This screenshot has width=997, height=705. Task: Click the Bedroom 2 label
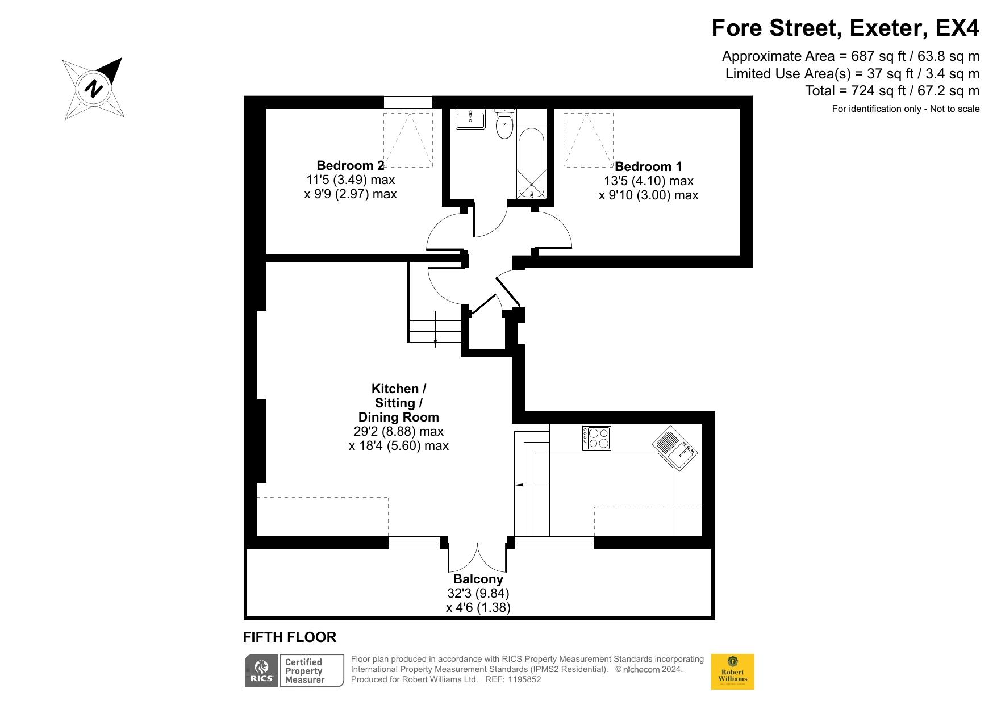click(351, 165)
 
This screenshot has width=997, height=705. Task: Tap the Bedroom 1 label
click(648, 166)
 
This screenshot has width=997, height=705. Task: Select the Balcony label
click(478, 579)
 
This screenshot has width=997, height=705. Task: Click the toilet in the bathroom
click(504, 124)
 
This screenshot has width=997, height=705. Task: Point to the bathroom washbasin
click(470, 119)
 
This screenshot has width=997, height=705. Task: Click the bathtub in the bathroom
click(532, 163)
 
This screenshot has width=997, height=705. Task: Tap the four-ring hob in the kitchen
click(596, 438)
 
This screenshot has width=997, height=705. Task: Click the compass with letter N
click(94, 89)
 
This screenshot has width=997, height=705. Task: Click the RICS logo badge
click(261, 671)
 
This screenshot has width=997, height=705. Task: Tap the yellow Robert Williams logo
click(733, 672)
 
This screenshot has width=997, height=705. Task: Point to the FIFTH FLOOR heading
click(290, 637)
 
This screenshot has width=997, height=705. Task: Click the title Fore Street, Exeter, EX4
click(845, 28)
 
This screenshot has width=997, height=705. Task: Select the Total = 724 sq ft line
click(892, 91)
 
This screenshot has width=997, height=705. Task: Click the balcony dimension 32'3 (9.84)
click(478, 594)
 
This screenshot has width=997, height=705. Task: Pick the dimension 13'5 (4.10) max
click(649, 181)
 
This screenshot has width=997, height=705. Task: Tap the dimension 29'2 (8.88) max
click(399, 432)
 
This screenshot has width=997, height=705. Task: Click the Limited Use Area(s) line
click(853, 74)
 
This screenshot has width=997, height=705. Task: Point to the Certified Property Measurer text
click(305, 671)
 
